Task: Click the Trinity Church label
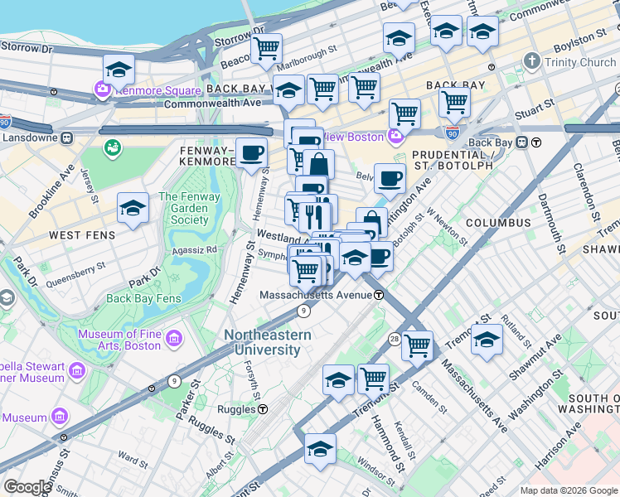(x=580, y=62)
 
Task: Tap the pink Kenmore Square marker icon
(x=103, y=90)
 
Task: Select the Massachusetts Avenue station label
(x=314, y=295)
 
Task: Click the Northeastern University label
(x=267, y=342)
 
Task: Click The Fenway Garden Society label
(x=183, y=209)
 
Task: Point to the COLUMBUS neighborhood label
(x=497, y=223)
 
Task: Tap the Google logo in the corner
(x=27, y=487)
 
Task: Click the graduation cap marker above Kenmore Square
(x=119, y=69)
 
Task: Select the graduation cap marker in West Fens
(x=133, y=208)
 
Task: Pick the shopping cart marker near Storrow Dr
(x=266, y=48)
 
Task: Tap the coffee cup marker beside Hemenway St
(x=251, y=152)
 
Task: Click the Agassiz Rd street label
(x=194, y=248)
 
